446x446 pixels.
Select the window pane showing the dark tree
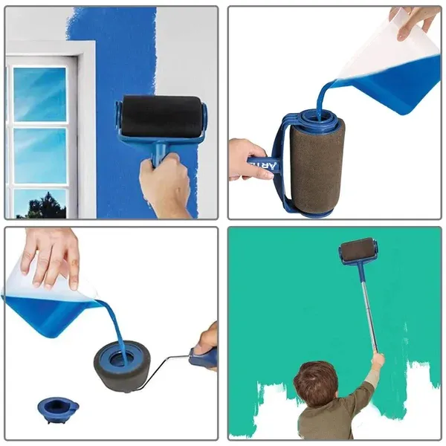40,202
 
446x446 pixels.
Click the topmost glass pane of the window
40,94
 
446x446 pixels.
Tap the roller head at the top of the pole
358,250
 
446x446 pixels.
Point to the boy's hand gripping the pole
378,361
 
